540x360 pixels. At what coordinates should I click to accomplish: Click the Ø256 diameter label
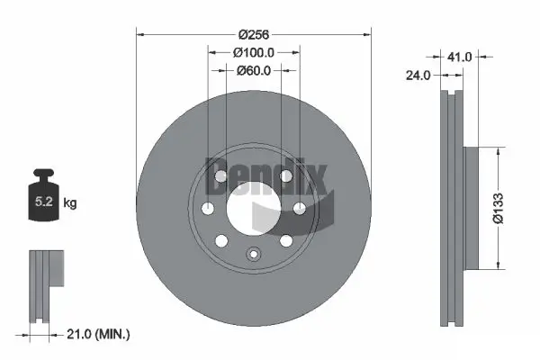pyautogui.click(x=254, y=34)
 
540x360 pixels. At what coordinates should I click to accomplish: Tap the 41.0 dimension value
pyautogui.click(x=460, y=57)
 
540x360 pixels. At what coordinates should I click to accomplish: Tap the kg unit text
pyautogui.click(x=71, y=204)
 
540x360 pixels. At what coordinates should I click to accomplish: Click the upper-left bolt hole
pyautogui.click(x=221, y=175)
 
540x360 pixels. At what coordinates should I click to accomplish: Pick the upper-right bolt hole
pyautogui.click(x=286, y=175)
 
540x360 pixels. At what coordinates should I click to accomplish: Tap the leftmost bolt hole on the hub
pyautogui.click(x=209, y=209)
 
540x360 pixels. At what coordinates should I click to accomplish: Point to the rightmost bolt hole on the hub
pyautogui.click(x=299, y=209)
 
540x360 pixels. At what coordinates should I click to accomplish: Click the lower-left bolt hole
pyautogui.click(x=221, y=240)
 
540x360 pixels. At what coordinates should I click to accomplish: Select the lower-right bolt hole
pyautogui.click(x=286, y=240)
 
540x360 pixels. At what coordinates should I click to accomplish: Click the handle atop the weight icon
pyautogui.click(x=43, y=175)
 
